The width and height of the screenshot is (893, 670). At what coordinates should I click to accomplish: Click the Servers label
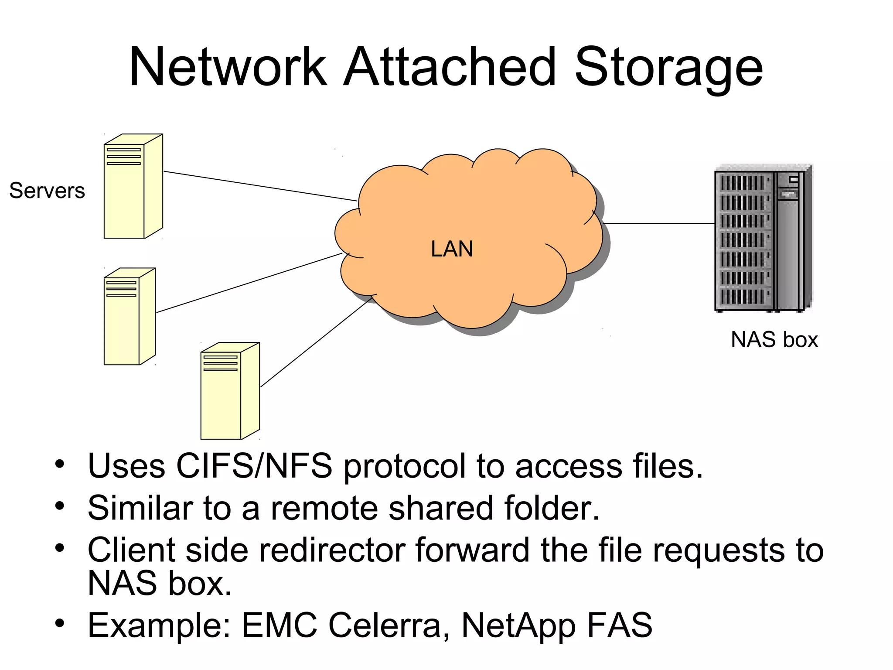(47, 191)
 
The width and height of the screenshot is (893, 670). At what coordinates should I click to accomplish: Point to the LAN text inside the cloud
(452, 249)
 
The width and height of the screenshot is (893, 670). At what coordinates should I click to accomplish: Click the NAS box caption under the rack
(774, 339)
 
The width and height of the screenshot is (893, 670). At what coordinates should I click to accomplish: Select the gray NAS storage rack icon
(763, 238)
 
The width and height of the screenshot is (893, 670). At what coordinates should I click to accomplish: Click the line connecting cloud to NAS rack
(658, 223)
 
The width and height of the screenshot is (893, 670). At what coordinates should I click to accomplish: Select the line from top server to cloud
(260, 186)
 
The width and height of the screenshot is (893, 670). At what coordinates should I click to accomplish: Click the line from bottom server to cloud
(315, 343)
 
